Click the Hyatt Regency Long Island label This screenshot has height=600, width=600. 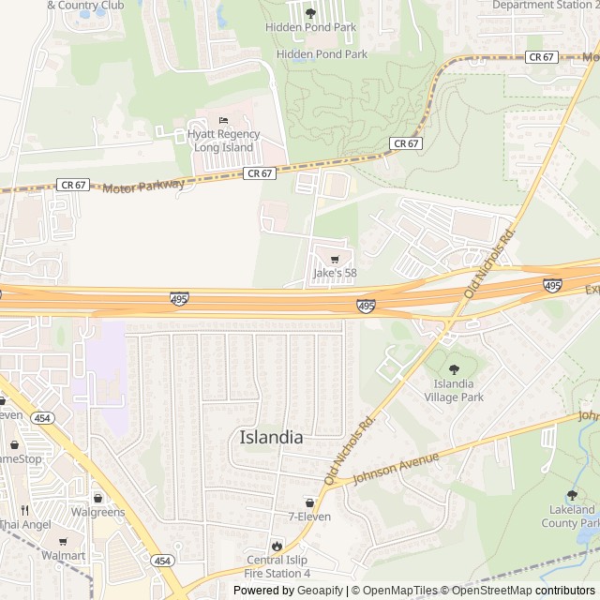pyautogui.click(x=221, y=141)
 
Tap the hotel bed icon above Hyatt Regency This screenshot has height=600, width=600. pyautogui.click(x=222, y=120)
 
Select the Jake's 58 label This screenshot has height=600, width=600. pyautogui.click(x=335, y=274)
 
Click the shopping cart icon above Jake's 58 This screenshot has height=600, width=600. pyautogui.click(x=335, y=259)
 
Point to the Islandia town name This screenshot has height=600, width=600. pyautogui.click(x=271, y=438)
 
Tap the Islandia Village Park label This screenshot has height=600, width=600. pyautogui.click(x=454, y=390)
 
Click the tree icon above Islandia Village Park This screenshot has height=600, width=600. pyautogui.click(x=454, y=369)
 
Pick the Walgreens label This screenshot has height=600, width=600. pyautogui.click(x=97, y=513)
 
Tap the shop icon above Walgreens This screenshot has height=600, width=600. pyautogui.click(x=98, y=498)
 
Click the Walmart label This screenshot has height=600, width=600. pyautogui.click(x=63, y=556)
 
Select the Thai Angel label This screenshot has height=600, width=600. pyautogui.click(x=25, y=525)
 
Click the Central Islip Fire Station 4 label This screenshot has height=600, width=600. pyautogui.click(x=277, y=567)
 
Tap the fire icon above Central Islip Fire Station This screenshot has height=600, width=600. pyautogui.click(x=277, y=546)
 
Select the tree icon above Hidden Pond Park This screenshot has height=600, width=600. pyautogui.click(x=310, y=12)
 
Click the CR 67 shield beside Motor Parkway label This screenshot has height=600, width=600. pyautogui.click(x=73, y=185)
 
